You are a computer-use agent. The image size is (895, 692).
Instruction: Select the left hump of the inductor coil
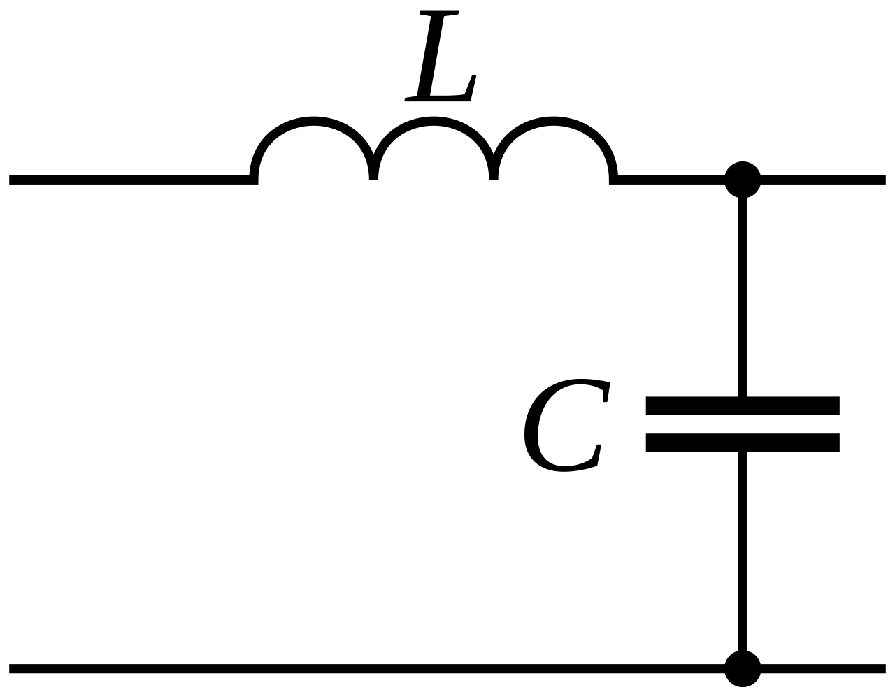(314, 121)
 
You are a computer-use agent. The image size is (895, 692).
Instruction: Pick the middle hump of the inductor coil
(434, 121)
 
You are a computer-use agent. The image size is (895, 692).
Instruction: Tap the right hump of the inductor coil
(553, 121)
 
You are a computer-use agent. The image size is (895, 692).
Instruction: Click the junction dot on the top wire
(743, 180)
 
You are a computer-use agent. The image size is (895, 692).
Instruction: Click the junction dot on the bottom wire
(743, 669)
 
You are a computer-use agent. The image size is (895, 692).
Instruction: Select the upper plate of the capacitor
(743, 405)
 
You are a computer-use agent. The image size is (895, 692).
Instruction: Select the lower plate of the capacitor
(743, 442)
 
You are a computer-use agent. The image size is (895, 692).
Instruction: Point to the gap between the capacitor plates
(743, 424)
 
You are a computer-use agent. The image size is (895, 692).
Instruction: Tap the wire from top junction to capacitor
(743, 297)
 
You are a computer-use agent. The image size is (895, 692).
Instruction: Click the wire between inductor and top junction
(671, 180)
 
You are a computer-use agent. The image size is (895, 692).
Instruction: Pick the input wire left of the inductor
(129, 180)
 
